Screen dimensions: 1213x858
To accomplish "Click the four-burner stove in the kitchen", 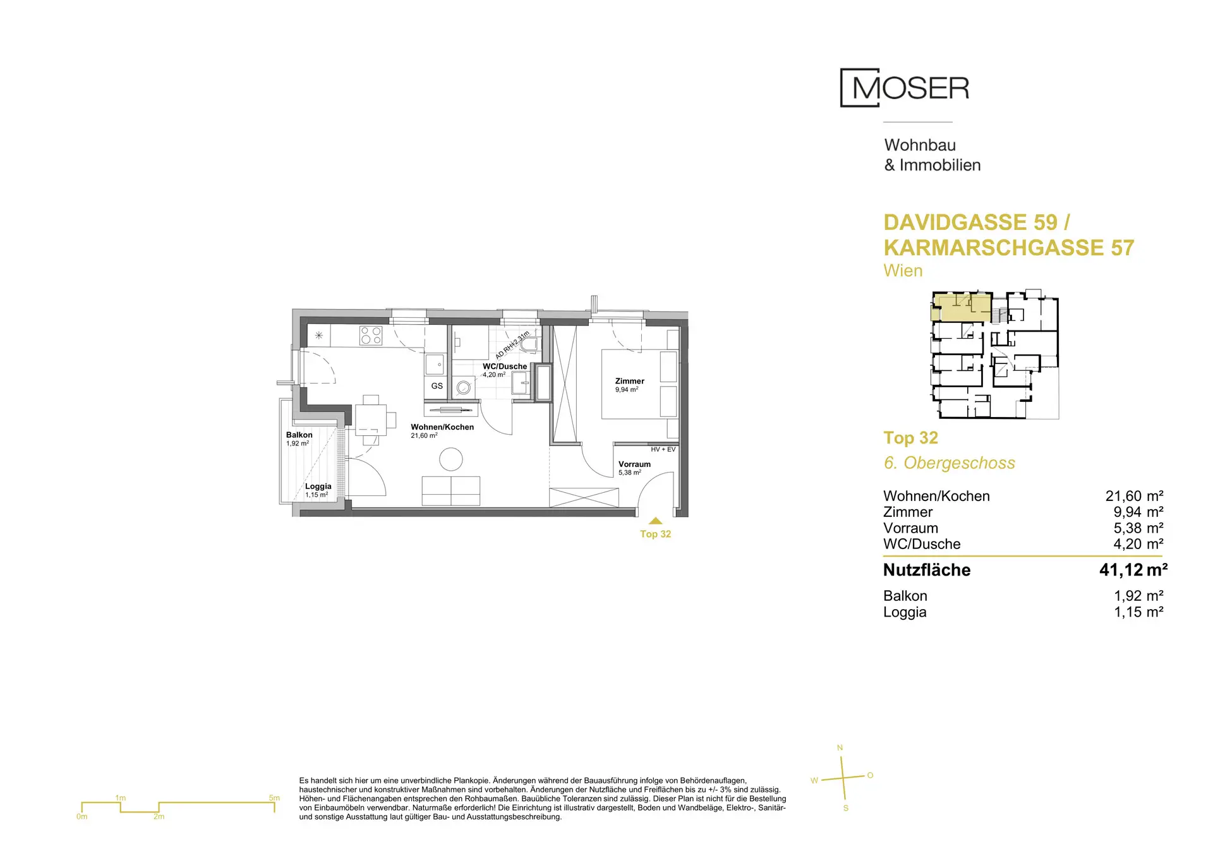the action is pos(371,335).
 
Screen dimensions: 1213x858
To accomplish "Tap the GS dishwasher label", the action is pos(437,386).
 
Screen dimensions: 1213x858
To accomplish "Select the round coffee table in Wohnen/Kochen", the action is pos(451,459).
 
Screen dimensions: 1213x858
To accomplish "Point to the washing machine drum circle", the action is pos(464,388).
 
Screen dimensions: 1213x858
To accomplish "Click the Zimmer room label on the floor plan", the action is pos(630,381).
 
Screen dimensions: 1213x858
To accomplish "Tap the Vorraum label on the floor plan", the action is pos(634,464).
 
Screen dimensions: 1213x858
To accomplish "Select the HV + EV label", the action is pos(663,449).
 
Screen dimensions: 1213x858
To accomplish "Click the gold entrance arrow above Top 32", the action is pos(655,521).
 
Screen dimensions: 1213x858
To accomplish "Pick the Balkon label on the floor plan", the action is pos(299,435).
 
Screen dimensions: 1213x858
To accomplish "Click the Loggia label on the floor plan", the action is pos(318,486).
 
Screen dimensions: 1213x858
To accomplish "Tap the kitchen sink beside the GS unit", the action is pos(435,364).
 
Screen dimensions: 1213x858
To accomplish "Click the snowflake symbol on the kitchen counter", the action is pos(319,335).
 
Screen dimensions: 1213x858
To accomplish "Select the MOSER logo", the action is pos(905,88).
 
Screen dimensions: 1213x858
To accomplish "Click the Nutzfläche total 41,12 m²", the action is pos(1133,570).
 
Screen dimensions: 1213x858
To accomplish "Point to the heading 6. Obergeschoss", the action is pos(950,463).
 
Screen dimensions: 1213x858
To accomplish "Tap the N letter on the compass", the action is pos(840,748).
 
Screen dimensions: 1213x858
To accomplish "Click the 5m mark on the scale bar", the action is pos(274,798).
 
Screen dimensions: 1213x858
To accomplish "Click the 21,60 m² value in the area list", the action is pos(1135,496).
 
